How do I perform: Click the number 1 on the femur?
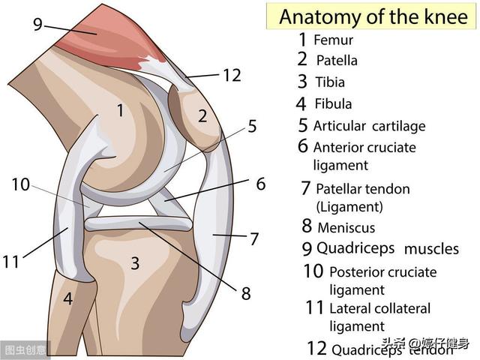tap(120, 111)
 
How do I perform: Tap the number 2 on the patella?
tap(202, 115)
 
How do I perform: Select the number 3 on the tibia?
tap(135, 263)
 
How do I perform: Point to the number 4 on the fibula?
tap(67, 298)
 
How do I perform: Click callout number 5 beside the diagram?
tap(252, 126)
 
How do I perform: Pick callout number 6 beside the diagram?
tap(260, 183)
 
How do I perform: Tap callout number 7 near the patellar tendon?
tap(254, 238)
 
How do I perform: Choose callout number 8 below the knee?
tap(245, 293)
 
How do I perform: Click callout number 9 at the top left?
tap(37, 24)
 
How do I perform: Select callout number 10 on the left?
tap(20, 183)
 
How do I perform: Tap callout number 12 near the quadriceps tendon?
tap(232, 74)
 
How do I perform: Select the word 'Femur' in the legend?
tap(333, 40)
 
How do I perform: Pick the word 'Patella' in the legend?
tap(337, 60)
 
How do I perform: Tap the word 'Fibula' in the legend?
tap(333, 103)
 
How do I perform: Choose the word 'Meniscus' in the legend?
tap(346, 227)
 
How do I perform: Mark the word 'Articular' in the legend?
tap(339, 126)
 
